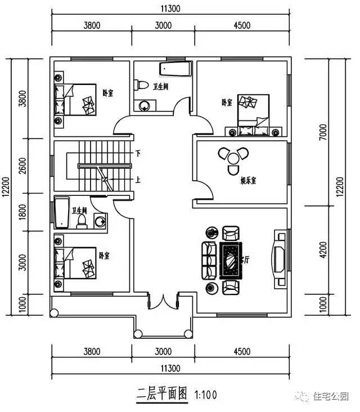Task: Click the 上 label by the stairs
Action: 138,180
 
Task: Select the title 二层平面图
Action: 161,393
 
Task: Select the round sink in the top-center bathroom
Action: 145,105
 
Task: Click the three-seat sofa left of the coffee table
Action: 209,261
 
